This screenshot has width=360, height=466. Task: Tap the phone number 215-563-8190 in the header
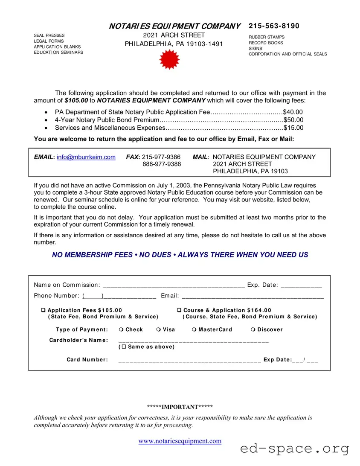(x=274, y=26)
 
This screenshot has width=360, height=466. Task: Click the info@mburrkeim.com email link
(x=86, y=157)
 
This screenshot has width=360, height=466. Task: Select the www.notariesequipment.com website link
(x=180, y=441)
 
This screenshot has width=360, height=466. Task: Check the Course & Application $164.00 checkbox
(x=179, y=310)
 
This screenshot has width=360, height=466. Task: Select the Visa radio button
(x=158, y=329)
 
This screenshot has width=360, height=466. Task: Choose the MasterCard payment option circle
(x=194, y=329)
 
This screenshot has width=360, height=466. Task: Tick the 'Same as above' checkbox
(x=124, y=347)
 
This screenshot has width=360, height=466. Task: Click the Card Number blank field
(x=189, y=360)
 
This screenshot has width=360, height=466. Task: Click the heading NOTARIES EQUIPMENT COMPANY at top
(x=174, y=26)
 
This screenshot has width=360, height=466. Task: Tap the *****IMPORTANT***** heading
(x=180, y=407)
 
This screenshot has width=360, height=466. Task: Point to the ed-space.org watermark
(x=294, y=449)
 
